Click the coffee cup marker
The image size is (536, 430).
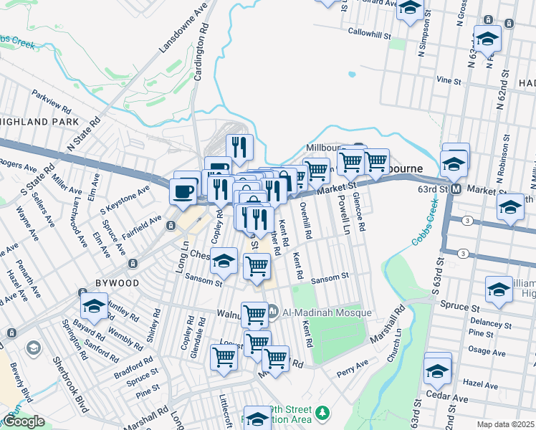click(182, 192)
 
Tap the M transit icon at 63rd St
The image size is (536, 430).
click(454, 189)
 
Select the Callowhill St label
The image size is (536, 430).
click(369, 34)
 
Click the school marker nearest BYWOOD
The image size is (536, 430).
click(94, 306)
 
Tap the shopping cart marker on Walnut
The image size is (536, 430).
click(254, 313)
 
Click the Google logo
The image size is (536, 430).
click(23, 421)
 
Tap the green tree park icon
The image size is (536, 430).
click(322, 412)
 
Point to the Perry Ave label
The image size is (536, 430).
click(353, 373)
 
